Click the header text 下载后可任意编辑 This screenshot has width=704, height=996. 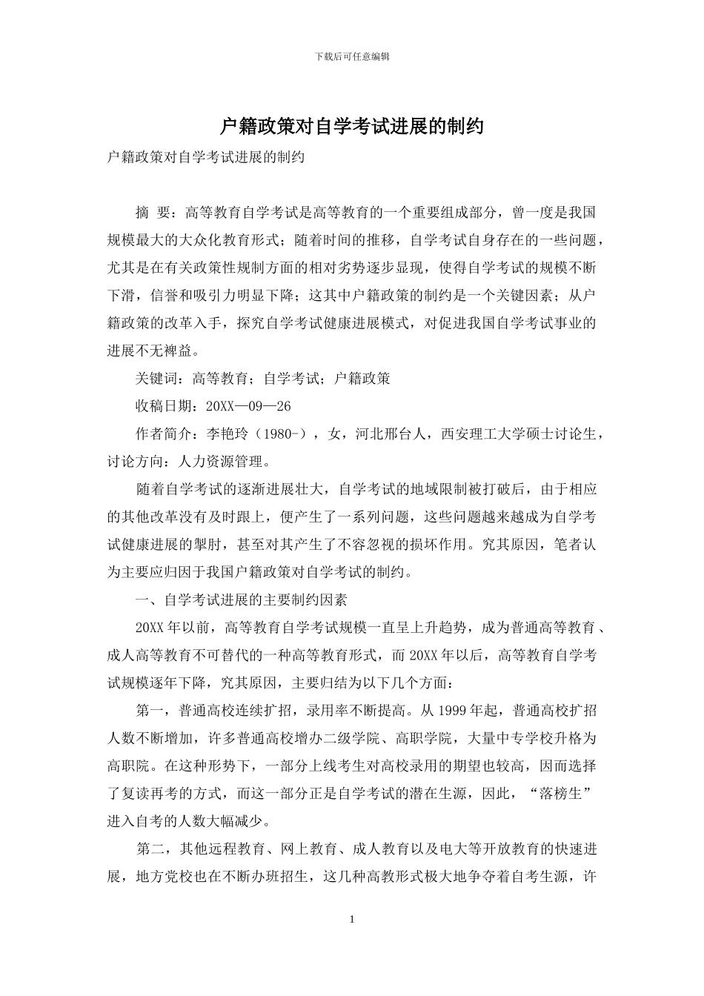point(352,56)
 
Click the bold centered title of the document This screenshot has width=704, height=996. point(352,127)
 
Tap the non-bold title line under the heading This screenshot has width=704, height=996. point(206,157)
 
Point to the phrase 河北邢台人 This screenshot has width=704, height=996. point(391,434)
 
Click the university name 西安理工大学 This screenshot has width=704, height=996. point(484,434)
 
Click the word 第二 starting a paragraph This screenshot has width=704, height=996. point(153,849)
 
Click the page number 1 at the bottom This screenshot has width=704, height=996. point(352,920)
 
